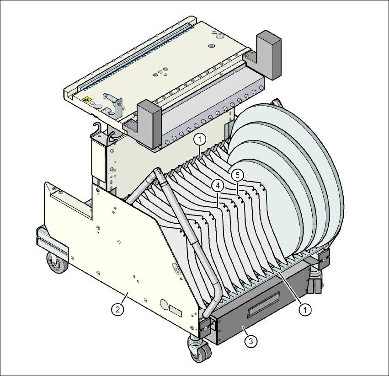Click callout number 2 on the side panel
pyautogui.click(x=117, y=310)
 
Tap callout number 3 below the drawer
pyautogui.click(x=251, y=341)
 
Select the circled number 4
pyautogui.click(x=218, y=185)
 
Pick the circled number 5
pyautogui.click(x=237, y=176)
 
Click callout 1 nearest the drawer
pyautogui.click(x=305, y=310)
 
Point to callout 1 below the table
pyautogui.click(x=200, y=140)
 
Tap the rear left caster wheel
pyautogui.click(x=58, y=263)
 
